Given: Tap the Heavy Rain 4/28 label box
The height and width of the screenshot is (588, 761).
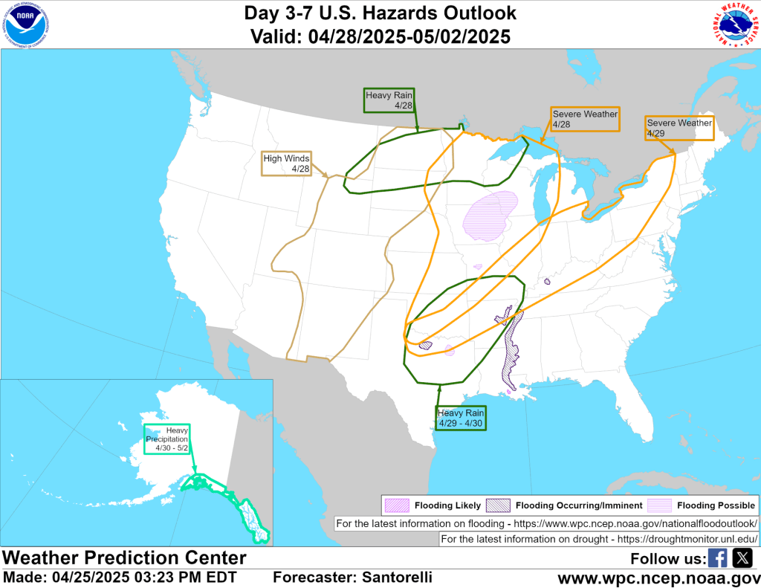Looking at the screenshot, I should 389,100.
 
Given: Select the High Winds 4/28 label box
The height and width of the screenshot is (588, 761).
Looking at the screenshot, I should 286,164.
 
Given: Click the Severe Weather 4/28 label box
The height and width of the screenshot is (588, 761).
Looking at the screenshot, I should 585,120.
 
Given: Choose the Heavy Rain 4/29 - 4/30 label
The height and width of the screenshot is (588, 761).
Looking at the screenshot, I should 462,418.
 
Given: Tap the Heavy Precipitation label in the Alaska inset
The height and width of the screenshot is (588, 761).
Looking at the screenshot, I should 167,439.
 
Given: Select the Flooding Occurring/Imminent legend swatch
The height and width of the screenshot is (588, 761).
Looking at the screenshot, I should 498,505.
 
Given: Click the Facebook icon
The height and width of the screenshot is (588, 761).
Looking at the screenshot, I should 718,558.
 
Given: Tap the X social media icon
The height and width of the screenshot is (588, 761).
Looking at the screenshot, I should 742,558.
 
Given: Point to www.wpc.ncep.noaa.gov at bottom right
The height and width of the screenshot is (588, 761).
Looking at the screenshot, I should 658,578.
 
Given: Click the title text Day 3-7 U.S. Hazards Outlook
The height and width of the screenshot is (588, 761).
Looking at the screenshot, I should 380,13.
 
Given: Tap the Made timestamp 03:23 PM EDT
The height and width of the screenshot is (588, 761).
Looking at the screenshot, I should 186,578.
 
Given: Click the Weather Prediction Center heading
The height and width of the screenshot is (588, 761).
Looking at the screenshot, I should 124,558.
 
